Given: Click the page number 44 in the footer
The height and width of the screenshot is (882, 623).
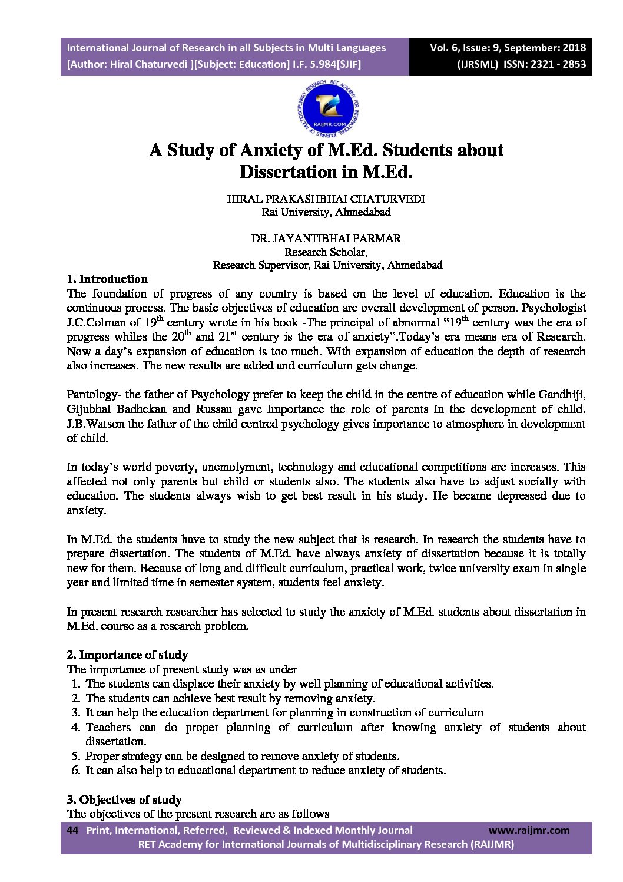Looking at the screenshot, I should click(73, 830).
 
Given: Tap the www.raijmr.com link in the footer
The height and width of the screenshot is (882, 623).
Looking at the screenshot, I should click(529, 830).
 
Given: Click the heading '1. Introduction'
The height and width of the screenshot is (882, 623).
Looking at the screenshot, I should click(107, 279).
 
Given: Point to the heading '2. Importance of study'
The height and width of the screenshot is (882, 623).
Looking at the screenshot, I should click(127, 655).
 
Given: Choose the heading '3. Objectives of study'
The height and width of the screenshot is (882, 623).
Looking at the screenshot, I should click(124, 800).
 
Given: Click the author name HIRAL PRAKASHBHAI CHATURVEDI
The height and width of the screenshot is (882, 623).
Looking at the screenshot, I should click(326, 199).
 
